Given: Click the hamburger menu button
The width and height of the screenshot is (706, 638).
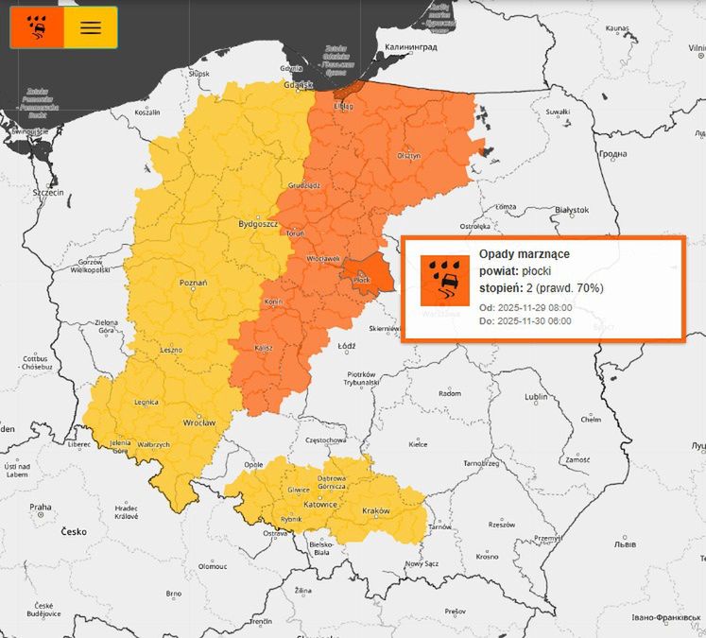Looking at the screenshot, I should tap(91, 27).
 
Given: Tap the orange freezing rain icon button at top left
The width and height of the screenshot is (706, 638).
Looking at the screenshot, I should tap(38, 27).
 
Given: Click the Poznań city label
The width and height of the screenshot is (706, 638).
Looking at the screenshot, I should tap(193, 282).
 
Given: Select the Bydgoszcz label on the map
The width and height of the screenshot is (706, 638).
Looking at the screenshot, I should tap(256, 225).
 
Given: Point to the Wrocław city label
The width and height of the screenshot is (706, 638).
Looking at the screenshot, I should tap(199, 422).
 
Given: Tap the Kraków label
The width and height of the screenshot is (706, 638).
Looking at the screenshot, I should tap(376, 511).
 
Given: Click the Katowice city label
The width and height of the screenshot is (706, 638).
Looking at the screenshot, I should tap(321, 505).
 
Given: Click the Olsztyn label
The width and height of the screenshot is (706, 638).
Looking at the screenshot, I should tap(408, 155).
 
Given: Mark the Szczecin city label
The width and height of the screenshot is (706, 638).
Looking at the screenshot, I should tap(47, 192).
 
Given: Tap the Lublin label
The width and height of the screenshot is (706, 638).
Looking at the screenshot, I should tap(537, 397).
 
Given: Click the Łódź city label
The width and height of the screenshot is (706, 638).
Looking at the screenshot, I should tap(346, 346).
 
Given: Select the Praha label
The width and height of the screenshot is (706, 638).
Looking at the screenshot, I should tap(40, 508).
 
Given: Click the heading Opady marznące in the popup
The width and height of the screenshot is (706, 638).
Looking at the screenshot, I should tap(524, 254).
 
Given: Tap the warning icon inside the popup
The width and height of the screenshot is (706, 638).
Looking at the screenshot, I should tap(444, 280).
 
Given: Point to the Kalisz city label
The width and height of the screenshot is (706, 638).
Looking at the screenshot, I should tap(264, 348).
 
